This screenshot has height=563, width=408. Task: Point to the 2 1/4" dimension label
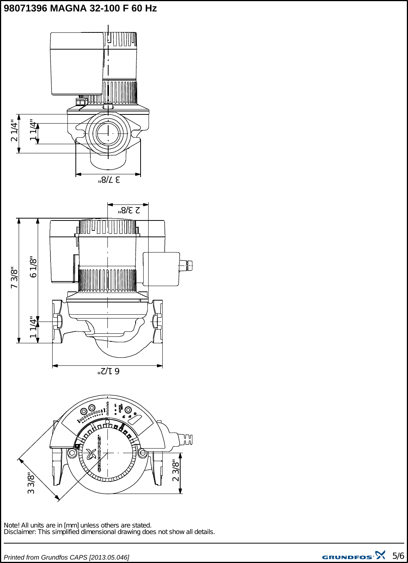(14, 130)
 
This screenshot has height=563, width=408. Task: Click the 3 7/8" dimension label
(109, 180)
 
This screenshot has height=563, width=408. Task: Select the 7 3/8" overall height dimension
(14, 277)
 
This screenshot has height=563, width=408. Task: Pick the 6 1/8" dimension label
(34, 267)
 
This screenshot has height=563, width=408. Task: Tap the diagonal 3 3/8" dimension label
(31, 483)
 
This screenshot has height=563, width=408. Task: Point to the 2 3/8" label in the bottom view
(176, 470)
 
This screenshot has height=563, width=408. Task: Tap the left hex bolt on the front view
(72, 453)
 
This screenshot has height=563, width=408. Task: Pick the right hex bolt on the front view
(142, 453)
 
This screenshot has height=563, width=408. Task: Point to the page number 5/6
(398, 556)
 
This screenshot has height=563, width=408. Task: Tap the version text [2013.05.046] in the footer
(109, 557)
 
